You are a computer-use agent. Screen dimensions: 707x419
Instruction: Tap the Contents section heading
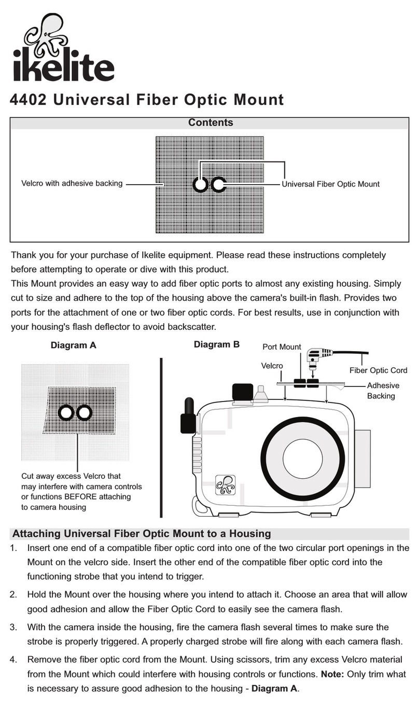(210, 123)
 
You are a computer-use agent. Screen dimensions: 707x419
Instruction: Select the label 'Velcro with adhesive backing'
(72, 183)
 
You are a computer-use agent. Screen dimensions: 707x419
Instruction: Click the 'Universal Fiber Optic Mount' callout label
(330, 184)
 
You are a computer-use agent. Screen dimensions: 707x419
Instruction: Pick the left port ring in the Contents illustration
(201, 184)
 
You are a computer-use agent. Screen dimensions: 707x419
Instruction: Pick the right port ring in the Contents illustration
(218, 184)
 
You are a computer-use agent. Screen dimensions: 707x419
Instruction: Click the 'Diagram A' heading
(73, 345)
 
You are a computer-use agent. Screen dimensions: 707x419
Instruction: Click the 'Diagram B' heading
(217, 344)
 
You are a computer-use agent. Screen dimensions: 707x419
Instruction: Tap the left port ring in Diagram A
(66, 412)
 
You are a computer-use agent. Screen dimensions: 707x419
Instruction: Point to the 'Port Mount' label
(282, 347)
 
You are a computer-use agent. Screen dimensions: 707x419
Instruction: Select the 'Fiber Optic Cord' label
(378, 370)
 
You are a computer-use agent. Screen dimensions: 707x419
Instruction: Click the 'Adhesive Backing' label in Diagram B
(383, 391)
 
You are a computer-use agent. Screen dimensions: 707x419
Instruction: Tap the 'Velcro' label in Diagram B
(272, 366)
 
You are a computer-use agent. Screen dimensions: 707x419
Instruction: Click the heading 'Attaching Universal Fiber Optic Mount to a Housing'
(141, 534)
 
